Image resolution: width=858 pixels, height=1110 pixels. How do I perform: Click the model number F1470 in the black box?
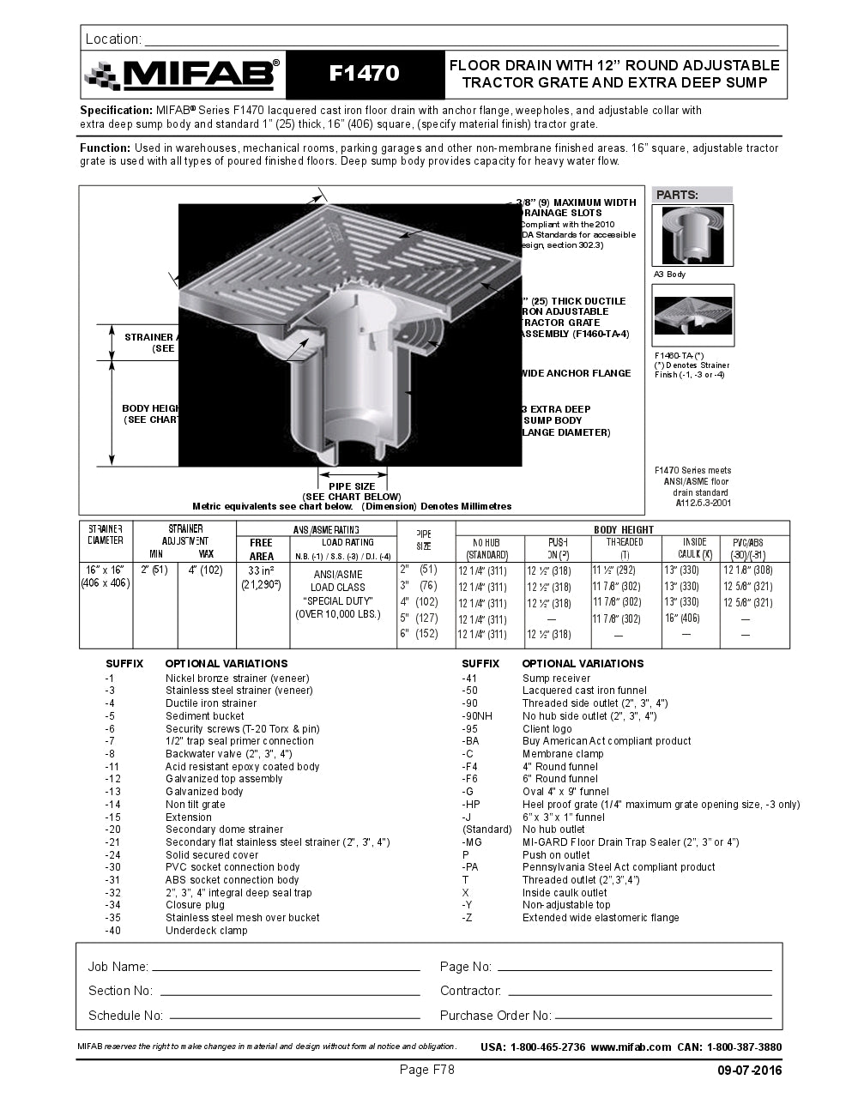tap(365, 74)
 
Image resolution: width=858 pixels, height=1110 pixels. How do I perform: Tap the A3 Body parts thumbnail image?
tap(693, 235)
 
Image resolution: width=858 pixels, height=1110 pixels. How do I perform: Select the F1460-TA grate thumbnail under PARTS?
tap(693, 315)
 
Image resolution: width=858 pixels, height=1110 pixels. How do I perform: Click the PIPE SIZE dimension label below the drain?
tap(351, 486)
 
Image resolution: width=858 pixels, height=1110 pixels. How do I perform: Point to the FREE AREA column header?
tap(262, 549)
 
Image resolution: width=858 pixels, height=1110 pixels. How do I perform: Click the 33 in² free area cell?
tap(261, 570)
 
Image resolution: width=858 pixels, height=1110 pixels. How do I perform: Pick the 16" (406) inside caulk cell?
tap(681, 618)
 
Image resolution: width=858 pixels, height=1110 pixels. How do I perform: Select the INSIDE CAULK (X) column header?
tap(694, 549)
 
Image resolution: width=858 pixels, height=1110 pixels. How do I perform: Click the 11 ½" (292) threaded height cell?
tap(613, 570)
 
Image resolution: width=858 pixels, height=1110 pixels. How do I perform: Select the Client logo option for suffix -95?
tap(547, 729)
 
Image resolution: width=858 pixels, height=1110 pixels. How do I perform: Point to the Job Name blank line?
tap(286, 968)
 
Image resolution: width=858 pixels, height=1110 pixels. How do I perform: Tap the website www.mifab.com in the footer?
tap(631, 1047)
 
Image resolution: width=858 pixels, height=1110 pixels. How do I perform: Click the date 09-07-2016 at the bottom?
tap(750, 1071)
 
